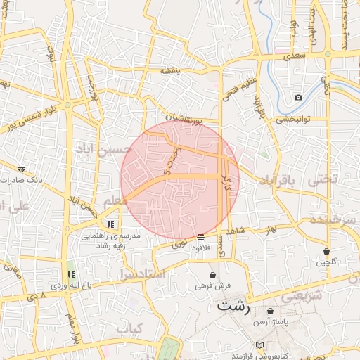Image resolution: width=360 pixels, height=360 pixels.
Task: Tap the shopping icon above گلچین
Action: pyautogui.click(x=326, y=251)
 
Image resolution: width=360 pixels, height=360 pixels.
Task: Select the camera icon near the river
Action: pyautogui.click(x=299, y=97)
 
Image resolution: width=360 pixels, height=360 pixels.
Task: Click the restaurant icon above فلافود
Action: pyautogui.click(x=201, y=236)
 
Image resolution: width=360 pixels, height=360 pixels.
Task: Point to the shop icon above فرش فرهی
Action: pyautogui.click(x=202, y=276)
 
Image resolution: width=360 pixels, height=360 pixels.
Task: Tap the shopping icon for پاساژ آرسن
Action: pyautogui.click(x=270, y=311)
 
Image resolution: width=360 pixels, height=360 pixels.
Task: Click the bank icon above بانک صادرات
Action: pyautogui.click(x=21, y=169)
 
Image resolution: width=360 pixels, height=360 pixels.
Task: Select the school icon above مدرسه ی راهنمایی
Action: pyautogui.click(x=110, y=224)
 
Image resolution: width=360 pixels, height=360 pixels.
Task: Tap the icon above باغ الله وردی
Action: pyautogui.click(x=70, y=274)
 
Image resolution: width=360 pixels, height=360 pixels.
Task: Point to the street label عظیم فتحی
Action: pyautogui.click(x=231, y=91)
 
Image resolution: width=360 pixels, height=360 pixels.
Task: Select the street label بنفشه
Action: pyautogui.click(x=171, y=70)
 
